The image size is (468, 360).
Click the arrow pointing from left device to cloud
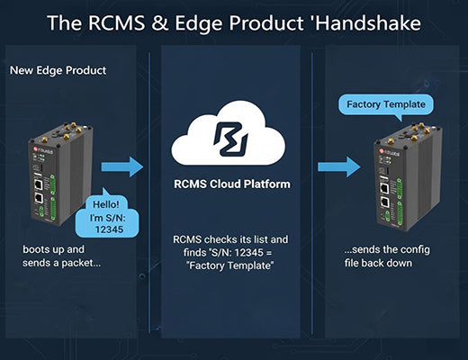(121, 166)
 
